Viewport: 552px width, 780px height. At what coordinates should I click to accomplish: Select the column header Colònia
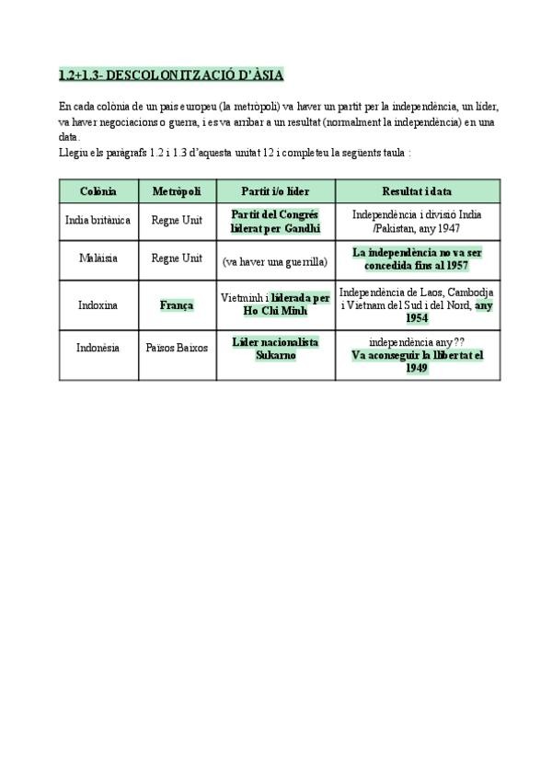[98, 190]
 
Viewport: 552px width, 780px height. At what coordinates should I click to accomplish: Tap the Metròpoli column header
[177, 190]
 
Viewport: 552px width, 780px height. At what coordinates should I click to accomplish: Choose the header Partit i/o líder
[275, 190]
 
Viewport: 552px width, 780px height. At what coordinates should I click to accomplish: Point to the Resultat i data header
[417, 190]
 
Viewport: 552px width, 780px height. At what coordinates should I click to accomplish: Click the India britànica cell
[98, 221]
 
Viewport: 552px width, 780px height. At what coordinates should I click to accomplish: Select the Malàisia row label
[98, 258]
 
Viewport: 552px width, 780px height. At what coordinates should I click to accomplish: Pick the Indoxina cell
[98, 304]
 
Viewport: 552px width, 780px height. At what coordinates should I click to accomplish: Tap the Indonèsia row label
[98, 348]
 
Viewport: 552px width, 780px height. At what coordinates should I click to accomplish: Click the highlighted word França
[177, 304]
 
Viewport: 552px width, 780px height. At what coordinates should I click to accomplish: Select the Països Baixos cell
[177, 348]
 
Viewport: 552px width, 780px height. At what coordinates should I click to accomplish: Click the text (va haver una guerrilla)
[275, 261]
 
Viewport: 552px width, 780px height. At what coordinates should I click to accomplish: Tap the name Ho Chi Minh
[275, 311]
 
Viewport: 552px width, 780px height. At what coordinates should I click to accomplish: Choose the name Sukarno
[275, 354]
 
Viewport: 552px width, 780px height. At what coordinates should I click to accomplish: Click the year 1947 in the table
[447, 228]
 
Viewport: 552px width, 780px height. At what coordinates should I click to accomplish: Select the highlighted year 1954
[417, 317]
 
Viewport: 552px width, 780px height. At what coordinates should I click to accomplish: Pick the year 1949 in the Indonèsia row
[417, 368]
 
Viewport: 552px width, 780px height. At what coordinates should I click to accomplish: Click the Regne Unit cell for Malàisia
[177, 258]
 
